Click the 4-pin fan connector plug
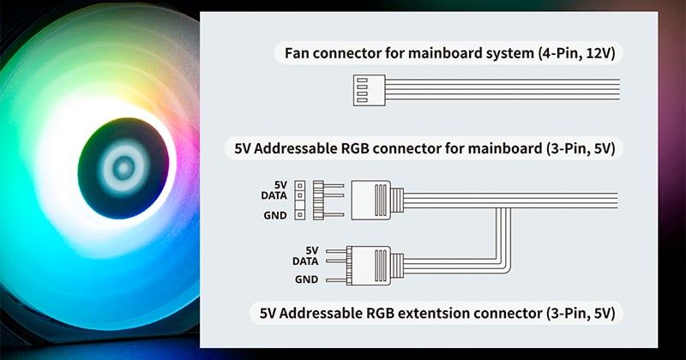coord(370,90)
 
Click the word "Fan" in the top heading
coord(297,53)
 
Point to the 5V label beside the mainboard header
coord(280,185)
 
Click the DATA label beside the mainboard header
coord(274,195)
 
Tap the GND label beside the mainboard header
coord(275,215)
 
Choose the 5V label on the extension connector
coord(312,250)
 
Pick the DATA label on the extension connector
coord(305,261)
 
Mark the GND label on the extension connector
coord(307,279)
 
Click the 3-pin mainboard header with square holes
coord(299,200)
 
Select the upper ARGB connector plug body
coord(371,200)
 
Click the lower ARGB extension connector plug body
coord(369,266)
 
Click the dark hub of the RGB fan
coord(123,168)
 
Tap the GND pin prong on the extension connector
coord(336,279)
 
